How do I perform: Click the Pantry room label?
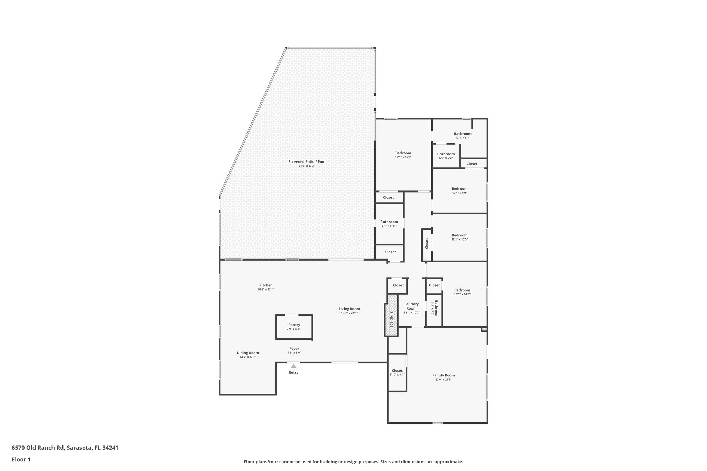pos(294,325)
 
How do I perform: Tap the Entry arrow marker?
pos(293,366)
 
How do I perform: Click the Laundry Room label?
pos(411,306)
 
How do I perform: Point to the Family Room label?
pos(443,375)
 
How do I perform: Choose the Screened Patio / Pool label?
pos(307,161)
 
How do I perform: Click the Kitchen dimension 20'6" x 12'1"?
pos(265,290)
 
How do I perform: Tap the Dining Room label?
pos(248,353)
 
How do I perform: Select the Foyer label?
pos(294,349)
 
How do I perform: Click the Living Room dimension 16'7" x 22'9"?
pos(349,313)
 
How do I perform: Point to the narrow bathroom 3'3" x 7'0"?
pos(434,308)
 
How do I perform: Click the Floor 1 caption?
pos(21,459)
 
